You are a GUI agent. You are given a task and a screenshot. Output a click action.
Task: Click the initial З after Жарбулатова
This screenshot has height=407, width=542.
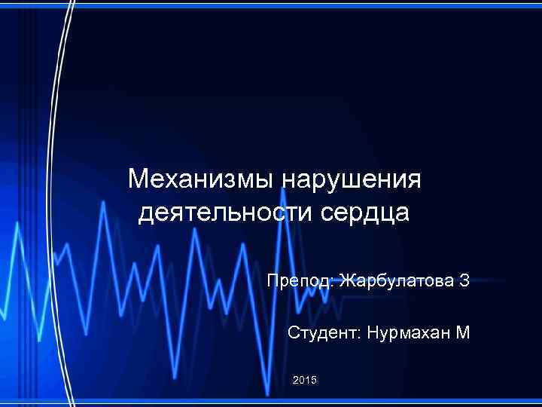(464, 282)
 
